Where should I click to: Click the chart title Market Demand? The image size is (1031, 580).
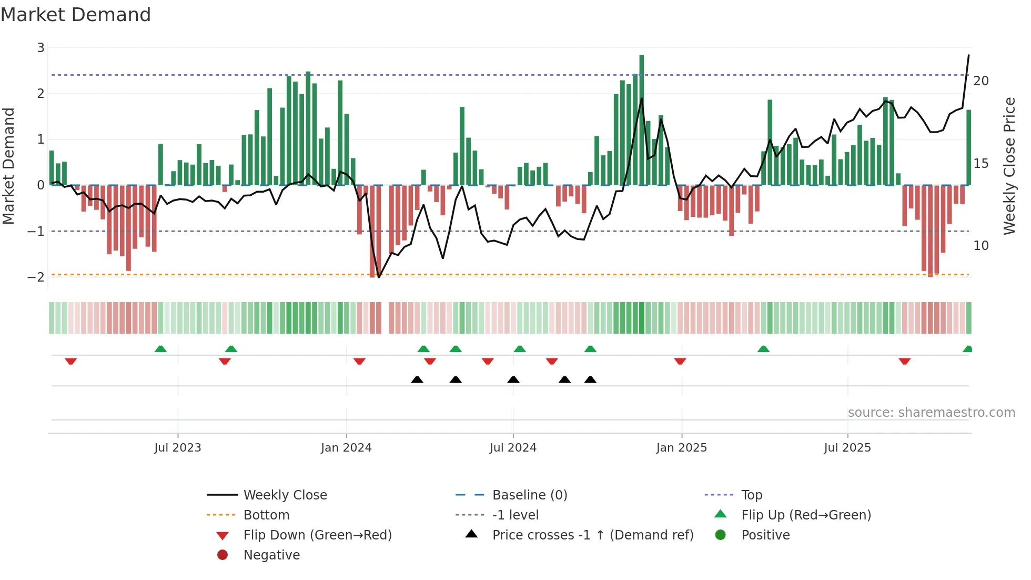coord(76,14)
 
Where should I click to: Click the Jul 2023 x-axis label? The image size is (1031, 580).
coord(177,447)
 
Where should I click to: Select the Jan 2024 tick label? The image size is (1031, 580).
coord(346,447)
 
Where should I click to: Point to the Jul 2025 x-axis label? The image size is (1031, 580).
coord(847,447)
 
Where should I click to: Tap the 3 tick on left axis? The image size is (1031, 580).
coord(41,48)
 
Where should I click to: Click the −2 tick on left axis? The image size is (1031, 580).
coord(36,277)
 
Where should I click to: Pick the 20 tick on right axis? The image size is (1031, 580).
coord(981,81)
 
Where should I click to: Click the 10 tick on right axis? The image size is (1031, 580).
coord(981,246)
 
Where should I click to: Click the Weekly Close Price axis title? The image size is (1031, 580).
coord(1008,166)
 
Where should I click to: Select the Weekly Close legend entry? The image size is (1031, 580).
coord(285,495)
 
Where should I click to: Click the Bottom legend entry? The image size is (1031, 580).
coord(266,515)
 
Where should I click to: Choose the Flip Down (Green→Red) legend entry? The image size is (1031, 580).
coord(317,535)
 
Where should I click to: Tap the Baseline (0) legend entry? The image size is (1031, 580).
coord(529,495)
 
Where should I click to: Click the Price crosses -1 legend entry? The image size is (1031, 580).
coord(592,535)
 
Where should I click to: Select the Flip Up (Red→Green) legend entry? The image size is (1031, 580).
coord(806,515)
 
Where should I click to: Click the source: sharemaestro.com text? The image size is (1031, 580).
coord(931,412)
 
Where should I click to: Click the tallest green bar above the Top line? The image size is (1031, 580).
coord(641,63)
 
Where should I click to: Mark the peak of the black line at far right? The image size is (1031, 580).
coord(968,55)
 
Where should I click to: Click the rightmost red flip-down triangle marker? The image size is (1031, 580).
coord(904,361)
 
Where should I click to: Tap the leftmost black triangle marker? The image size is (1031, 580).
coord(417,379)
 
